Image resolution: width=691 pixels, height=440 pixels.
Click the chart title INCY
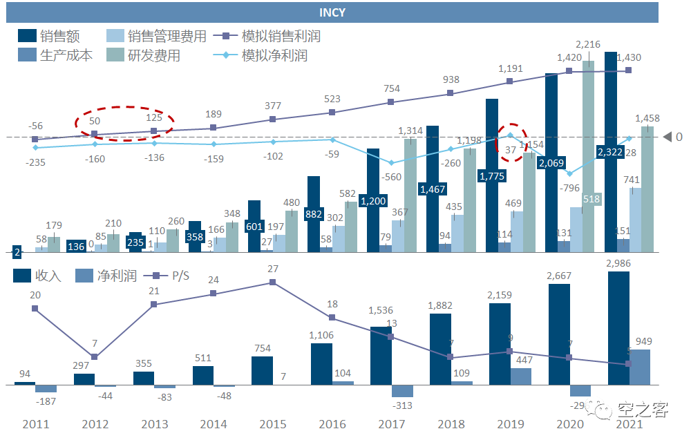[332, 12]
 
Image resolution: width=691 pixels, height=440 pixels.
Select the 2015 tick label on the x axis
[272, 423]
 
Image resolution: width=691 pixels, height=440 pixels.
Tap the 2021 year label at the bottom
[628, 423]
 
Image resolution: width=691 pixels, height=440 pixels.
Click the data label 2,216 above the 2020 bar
[588, 44]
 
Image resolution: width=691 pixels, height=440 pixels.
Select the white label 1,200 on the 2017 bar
[373, 201]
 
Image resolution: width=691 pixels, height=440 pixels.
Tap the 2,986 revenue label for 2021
[618, 262]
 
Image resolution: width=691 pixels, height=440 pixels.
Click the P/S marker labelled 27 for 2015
[273, 282]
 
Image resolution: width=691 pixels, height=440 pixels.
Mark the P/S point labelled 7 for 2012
[95, 356]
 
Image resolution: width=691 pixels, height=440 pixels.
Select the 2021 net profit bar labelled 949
[640, 367]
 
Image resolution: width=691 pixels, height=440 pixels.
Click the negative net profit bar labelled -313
[402, 390]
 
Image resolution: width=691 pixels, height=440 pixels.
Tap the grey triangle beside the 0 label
[668, 137]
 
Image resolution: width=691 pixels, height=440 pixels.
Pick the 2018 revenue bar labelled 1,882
[440, 349]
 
